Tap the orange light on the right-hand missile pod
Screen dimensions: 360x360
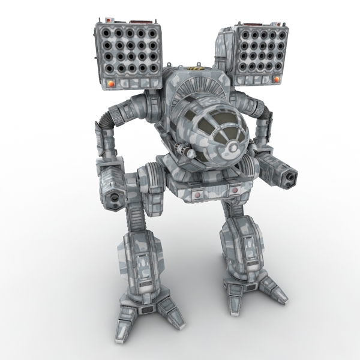pos(277,79)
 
